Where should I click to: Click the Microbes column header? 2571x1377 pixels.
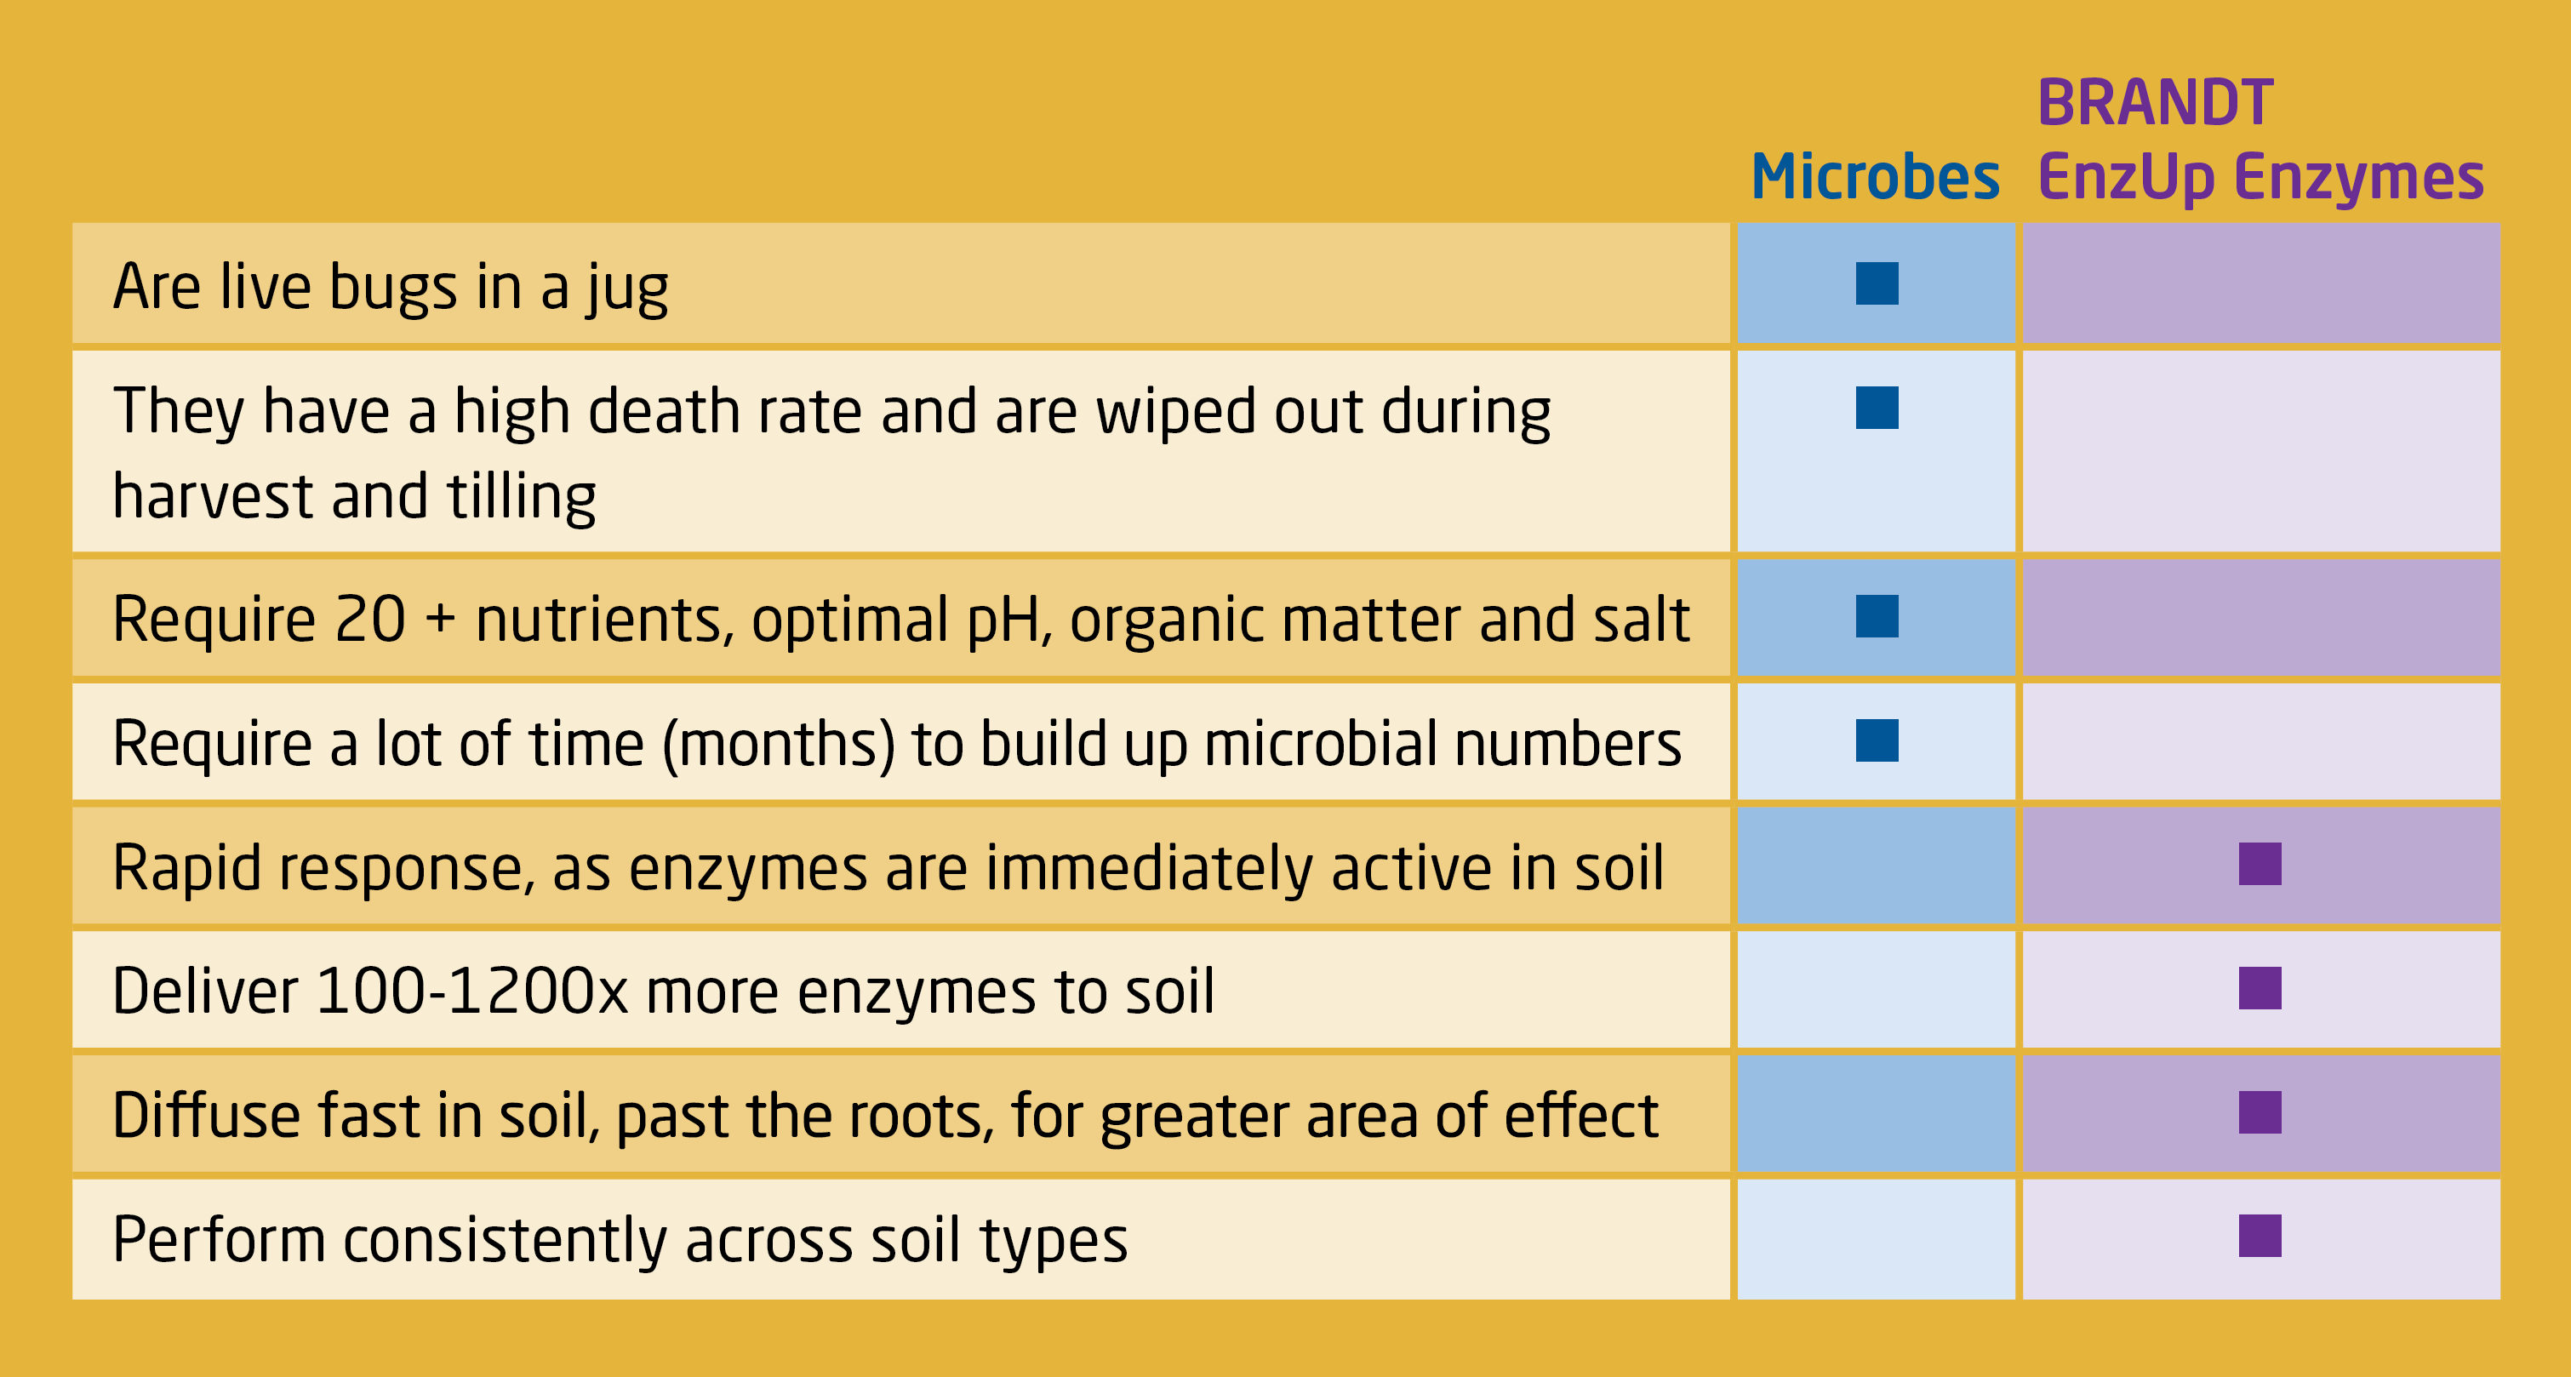(1876, 177)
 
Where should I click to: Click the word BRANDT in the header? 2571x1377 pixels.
(2156, 102)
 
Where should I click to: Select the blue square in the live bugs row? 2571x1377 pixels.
(1877, 283)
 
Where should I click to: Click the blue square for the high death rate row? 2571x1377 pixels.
(1877, 409)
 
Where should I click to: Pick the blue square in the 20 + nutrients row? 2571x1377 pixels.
(1877, 617)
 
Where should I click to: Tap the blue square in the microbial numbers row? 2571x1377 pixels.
(1877, 740)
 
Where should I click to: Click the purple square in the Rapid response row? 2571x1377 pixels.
(2260, 864)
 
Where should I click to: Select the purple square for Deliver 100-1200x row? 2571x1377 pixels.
(2260, 988)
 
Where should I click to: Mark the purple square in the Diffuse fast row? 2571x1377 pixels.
(2260, 1112)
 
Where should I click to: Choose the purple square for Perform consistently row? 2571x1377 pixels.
(2260, 1237)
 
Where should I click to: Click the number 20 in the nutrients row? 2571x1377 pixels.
(370, 620)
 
